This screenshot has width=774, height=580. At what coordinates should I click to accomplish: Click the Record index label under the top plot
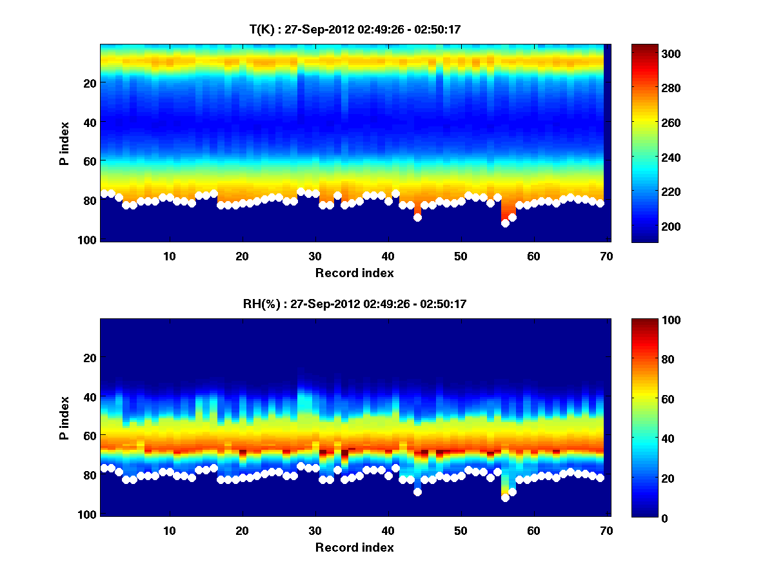(x=354, y=273)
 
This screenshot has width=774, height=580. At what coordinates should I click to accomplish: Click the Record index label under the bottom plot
(x=354, y=547)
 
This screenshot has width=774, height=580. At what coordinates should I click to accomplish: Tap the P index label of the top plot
(x=64, y=143)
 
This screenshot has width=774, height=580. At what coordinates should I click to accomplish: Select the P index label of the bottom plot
(x=64, y=418)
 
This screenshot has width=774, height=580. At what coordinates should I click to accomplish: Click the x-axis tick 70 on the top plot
(x=605, y=255)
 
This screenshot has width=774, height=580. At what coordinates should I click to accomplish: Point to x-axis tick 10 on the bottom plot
(x=169, y=530)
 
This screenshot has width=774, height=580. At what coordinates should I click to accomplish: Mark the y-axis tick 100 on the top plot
(x=88, y=240)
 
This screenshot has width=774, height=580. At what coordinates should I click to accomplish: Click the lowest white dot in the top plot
(x=505, y=223)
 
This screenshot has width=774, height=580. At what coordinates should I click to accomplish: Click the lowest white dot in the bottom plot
(x=505, y=498)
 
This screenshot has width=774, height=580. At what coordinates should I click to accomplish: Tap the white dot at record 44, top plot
(x=417, y=217)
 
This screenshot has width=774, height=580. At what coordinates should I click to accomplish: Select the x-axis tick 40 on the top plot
(x=388, y=255)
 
